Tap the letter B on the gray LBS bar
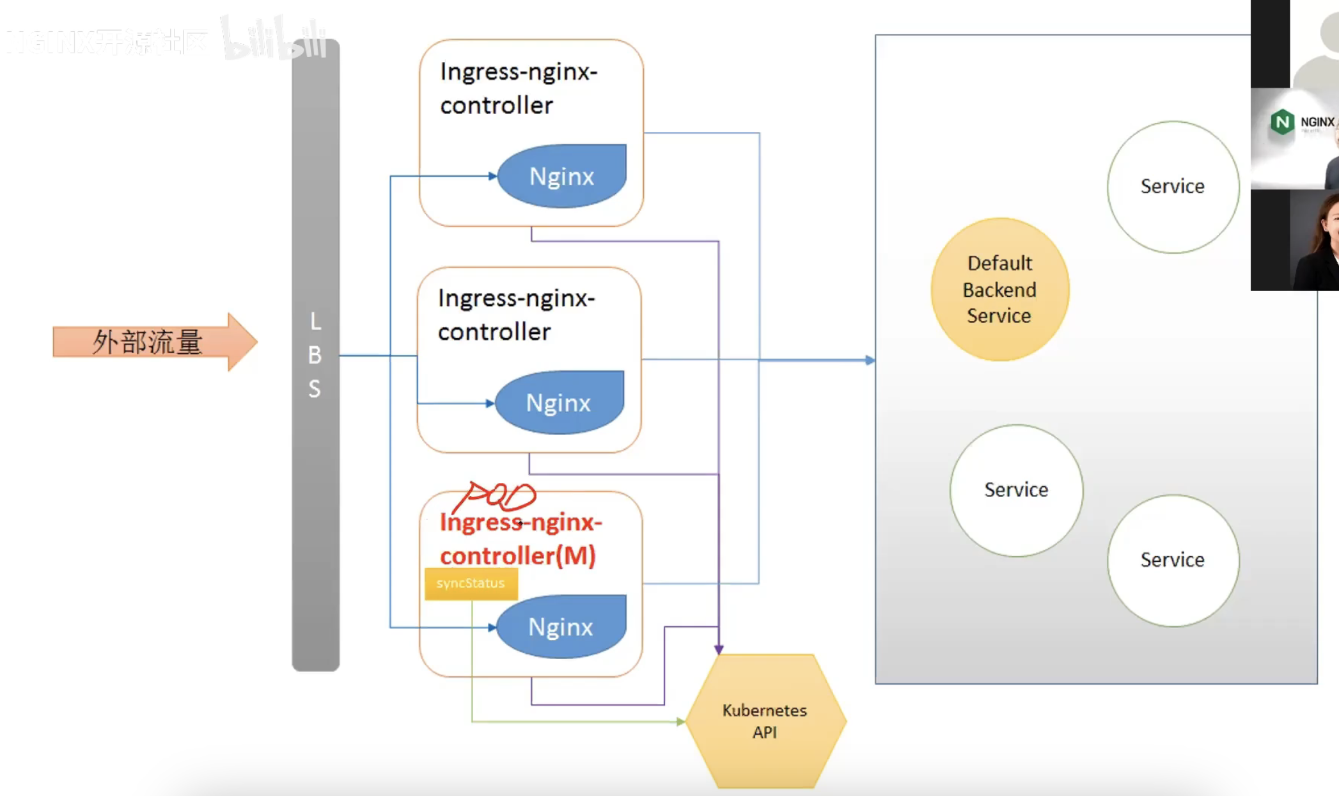coord(315,355)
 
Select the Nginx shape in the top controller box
coord(561,176)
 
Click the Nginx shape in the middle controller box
coord(559,402)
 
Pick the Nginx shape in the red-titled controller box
coord(561,626)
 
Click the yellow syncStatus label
coord(471,584)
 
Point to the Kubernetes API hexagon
coord(765,721)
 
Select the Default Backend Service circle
coord(999,289)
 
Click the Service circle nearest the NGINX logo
coord(1173,186)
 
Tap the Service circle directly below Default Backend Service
coord(1016,490)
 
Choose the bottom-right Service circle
coord(1173,560)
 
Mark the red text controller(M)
coord(518,555)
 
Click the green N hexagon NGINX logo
coord(1282,122)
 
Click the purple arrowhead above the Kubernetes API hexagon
coord(719,649)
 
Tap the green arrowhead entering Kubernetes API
coord(680,721)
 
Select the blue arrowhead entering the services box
coord(870,360)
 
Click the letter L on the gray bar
coord(315,321)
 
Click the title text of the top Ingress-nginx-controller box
coord(518,88)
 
